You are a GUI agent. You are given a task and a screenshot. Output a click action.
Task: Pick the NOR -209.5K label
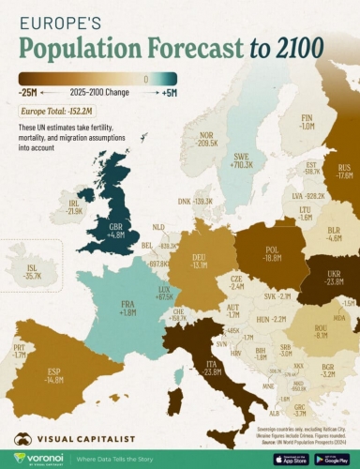click(x=194, y=140)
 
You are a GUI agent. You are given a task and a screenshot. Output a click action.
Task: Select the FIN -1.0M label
click(x=306, y=120)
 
